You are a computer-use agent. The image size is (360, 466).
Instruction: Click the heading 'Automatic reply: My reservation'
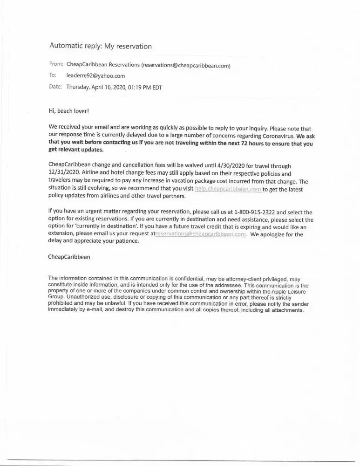[x=101, y=46]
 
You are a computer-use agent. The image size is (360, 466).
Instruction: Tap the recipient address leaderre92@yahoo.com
[x=95, y=75]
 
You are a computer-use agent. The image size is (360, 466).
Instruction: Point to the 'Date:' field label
[x=55, y=87]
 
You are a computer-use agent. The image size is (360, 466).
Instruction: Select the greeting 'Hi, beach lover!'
[x=68, y=111]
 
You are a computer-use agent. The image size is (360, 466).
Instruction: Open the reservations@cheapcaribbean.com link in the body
[x=200, y=234]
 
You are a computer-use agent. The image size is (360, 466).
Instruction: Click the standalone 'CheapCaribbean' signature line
[x=69, y=257]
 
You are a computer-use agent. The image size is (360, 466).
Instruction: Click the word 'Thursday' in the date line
[x=79, y=87]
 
